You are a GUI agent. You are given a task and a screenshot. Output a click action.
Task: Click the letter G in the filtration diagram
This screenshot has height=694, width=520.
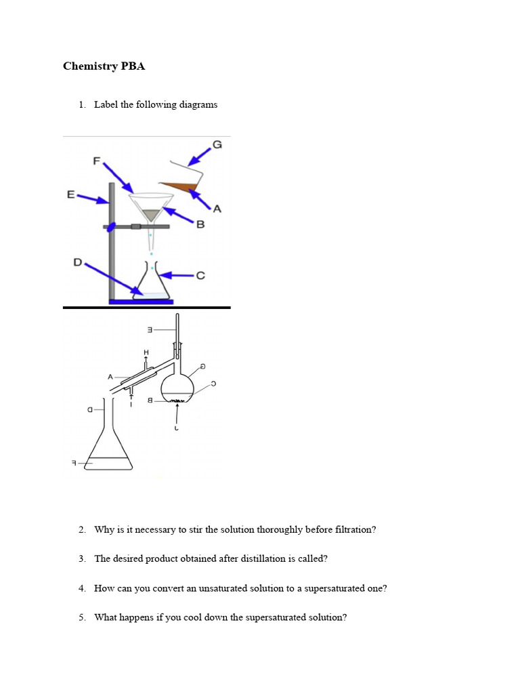217,144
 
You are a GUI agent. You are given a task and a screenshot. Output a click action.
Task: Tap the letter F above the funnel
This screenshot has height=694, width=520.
96,161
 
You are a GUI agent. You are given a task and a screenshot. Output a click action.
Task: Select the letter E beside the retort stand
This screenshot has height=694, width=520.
70,194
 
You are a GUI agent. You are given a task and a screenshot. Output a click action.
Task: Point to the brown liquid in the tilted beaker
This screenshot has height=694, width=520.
177,185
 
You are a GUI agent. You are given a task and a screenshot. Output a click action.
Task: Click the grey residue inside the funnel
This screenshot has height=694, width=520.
152,214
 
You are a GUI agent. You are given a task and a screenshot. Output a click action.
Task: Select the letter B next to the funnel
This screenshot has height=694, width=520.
200,225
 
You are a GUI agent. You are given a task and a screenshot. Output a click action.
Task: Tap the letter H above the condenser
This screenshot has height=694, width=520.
145,352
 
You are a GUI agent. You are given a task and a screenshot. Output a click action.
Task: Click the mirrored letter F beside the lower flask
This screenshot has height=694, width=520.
74,464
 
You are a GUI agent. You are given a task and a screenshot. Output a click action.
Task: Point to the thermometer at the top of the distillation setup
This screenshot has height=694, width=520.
178,332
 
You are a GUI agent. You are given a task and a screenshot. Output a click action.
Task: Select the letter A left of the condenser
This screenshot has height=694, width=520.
110,376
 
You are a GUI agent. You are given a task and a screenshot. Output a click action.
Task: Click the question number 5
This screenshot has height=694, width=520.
81,617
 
